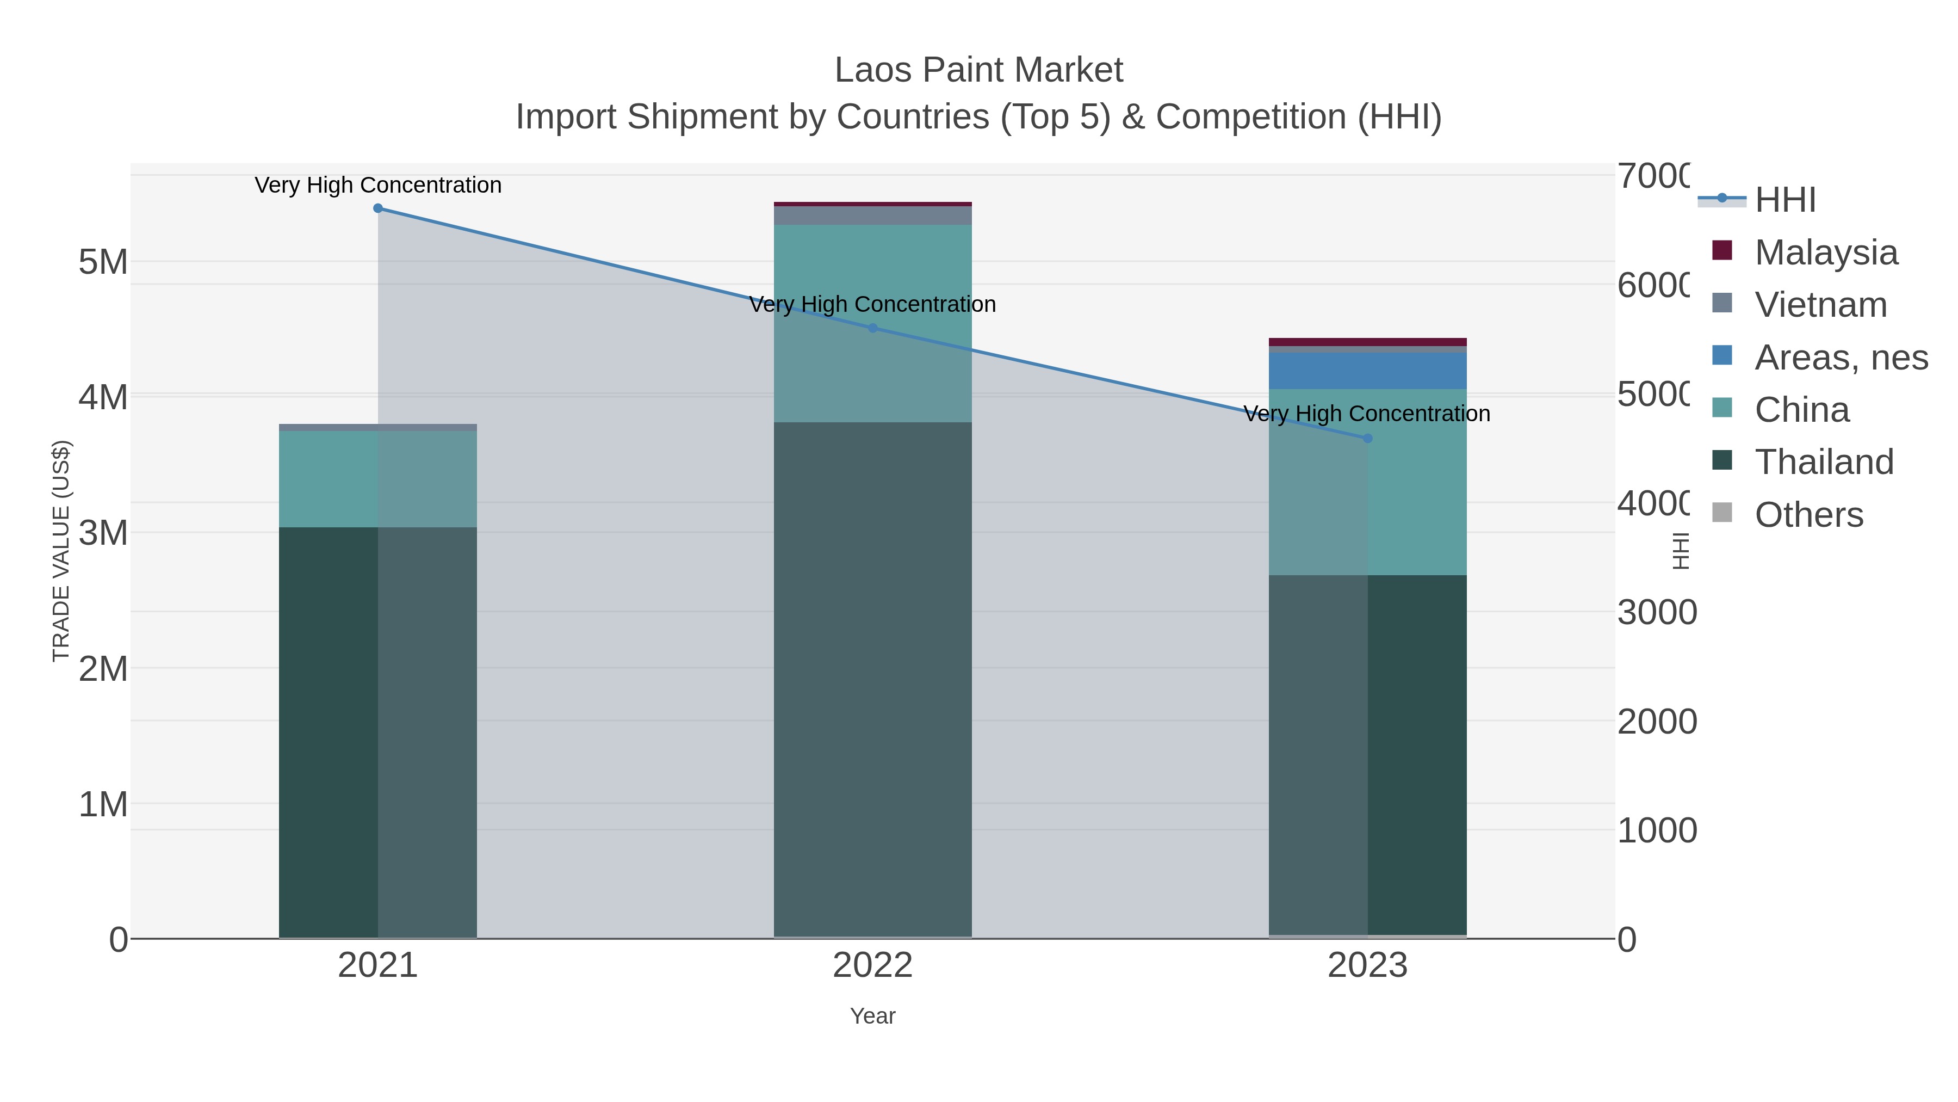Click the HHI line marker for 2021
coord(378,208)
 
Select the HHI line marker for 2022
coord(872,329)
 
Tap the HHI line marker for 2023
coord(1367,438)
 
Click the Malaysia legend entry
coord(1826,252)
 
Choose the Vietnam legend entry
coord(1820,304)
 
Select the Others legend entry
coord(1808,514)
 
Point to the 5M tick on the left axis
coord(103,262)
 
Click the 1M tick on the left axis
coord(103,804)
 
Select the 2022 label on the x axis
coord(872,965)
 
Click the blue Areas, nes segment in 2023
coord(1367,371)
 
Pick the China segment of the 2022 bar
coord(872,323)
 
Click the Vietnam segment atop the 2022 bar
coord(872,215)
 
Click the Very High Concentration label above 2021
coord(378,185)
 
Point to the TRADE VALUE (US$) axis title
coord(61,551)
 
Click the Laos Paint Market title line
coord(978,70)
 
